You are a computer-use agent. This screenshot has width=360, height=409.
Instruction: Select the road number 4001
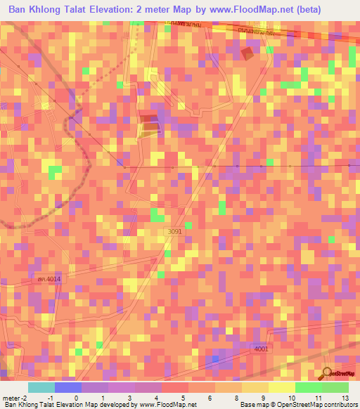pos(262,348)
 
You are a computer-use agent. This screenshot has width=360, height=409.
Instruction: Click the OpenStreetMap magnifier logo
pos(328,373)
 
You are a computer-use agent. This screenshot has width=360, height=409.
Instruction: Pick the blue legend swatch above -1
pos(68,387)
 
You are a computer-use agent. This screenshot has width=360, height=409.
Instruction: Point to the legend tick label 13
pos(345,397)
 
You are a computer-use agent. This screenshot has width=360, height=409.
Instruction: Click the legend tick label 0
pos(77,397)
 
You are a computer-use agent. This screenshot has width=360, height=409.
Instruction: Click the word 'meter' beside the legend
pos(11,397)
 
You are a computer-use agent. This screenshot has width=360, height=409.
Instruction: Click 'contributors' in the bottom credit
pos(339,405)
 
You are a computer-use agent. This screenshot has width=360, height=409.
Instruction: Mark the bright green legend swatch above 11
pos(307,387)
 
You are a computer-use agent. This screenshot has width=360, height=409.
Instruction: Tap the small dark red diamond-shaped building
pos(247,53)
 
